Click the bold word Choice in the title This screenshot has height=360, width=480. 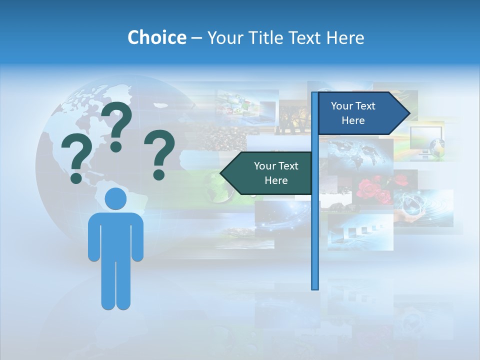tap(156, 37)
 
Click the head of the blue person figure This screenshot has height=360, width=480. tap(115, 199)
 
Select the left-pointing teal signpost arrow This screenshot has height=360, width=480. tap(267, 173)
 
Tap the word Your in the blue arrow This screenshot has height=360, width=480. tap(342, 106)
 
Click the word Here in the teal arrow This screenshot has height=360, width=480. tap(276, 180)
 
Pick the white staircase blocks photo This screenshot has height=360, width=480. tap(360, 232)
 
